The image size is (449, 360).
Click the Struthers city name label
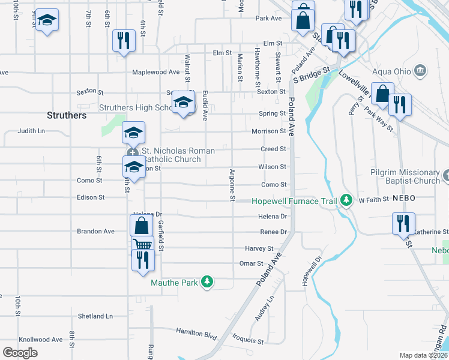[67, 115]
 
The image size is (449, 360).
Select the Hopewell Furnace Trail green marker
[346, 200]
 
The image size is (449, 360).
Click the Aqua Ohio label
[391, 71]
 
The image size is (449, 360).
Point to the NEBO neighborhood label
[405, 198]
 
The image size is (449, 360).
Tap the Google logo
[20, 353]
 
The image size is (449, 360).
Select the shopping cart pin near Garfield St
[143, 245]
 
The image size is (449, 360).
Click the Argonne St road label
[232, 184]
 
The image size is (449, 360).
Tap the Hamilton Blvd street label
[196, 331]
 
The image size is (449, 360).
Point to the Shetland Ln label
[95, 316]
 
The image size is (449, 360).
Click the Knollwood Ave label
[41, 340]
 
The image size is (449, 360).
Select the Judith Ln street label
[31, 130]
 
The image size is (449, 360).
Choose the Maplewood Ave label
[156, 72]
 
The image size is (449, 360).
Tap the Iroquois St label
[248, 341]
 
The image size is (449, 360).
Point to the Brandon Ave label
[95, 231]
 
